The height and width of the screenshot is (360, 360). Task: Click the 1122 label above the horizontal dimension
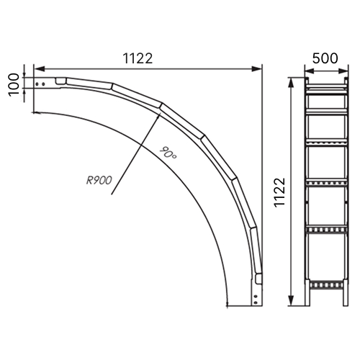click(x=138, y=58)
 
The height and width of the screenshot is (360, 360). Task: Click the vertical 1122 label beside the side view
click(x=279, y=192)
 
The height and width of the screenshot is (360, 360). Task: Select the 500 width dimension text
click(x=325, y=58)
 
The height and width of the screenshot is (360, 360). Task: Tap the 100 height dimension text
click(x=14, y=85)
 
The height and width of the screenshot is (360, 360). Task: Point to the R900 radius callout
click(x=99, y=181)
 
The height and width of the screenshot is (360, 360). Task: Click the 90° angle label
click(x=168, y=153)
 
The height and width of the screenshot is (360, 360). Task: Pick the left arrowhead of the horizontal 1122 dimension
click(x=39, y=69)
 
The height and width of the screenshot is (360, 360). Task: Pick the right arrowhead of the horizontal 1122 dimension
click(x=256, y=69)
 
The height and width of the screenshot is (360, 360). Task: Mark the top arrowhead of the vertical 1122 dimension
click(x=291, y=83)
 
